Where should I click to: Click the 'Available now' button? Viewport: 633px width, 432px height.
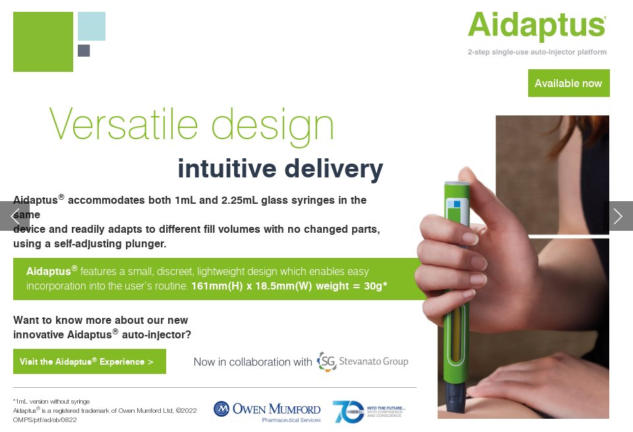click(x=569, y=83)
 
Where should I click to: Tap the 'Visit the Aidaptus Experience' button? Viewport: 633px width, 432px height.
click(x=90, y=361)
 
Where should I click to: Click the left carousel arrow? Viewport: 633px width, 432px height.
click(x=15, y=216)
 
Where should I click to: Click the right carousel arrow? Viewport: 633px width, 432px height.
click(x=618, y=216)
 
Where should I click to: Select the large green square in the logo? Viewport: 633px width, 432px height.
click(x=44, y=42)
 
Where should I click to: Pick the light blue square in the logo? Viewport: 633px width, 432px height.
click(x=92, y=26)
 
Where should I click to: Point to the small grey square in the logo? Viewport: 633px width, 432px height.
click(x=84, y=51)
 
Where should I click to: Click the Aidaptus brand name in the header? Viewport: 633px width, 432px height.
click(x=537, y=26)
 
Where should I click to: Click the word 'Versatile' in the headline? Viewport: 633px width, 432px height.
click(x=123, y=124)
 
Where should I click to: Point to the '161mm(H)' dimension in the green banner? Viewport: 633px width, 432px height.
click(x=217, y=286)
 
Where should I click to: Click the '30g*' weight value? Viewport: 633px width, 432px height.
click(x=375, y=286)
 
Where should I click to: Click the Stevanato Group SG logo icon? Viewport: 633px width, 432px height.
click(x=326, y=361)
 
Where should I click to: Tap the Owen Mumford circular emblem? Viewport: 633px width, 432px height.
click(x=222, y=409)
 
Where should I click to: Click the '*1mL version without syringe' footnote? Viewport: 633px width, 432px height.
click(x=51, y=401)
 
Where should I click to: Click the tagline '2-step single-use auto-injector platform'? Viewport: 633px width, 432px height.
click(x=537, y=52)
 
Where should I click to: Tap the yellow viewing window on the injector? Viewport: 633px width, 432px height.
click(x=456, y=334)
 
